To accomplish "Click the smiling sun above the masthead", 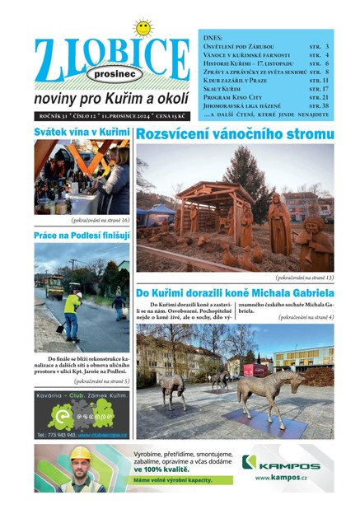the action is pyautogui.click(x=143, y=29).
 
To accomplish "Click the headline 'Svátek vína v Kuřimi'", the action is pyautogui.click(x=81, y=132).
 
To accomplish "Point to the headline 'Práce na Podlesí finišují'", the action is pyautogui.click(x=82, y=236).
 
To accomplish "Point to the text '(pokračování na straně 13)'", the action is pyautogui.click(x=304, y=278).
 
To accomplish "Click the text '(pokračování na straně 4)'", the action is pyautogui.click(x=306, y=316).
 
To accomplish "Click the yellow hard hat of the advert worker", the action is pyautogui.click(x=80, y=453).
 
